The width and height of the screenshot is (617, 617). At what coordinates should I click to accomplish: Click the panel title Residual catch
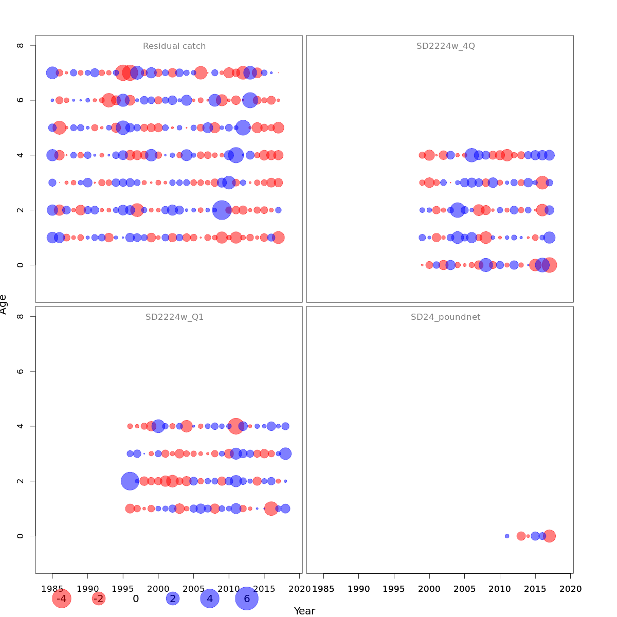(174, 46)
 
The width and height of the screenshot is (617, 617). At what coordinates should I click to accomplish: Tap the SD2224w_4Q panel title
(445, 46)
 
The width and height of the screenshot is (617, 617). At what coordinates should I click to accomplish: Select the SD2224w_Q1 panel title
(174, 317)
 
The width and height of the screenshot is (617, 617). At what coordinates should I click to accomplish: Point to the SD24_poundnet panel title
(445, 317)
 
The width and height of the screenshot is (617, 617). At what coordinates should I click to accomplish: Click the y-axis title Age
(4, 304)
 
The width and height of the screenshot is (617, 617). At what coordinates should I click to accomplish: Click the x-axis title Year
(304, 611)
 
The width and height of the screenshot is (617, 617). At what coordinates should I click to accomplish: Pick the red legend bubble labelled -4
(61, 598)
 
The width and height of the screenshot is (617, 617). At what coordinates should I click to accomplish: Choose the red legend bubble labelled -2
(98, 598)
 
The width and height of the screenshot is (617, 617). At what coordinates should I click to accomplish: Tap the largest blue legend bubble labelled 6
(247, 598)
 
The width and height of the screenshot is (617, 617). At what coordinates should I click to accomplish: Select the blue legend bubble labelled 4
(210, 598)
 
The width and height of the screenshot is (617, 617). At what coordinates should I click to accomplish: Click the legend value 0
(136, 598)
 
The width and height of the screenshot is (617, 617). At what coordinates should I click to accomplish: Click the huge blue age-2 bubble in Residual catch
(222, 210)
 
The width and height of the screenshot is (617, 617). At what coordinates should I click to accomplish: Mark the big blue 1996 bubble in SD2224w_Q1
(130, 481)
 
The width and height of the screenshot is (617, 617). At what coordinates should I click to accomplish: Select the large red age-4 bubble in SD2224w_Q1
(236, 426)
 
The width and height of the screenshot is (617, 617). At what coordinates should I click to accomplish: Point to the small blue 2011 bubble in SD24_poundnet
(507, 536)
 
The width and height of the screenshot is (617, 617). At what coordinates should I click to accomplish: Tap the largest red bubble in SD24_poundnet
(550, 536)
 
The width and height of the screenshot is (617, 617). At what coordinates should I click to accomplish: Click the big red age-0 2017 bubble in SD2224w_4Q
(550, 265)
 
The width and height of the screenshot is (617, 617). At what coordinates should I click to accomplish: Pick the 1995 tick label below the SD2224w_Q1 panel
(123, 588)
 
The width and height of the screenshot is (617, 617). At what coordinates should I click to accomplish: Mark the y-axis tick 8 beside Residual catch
(20, 45)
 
